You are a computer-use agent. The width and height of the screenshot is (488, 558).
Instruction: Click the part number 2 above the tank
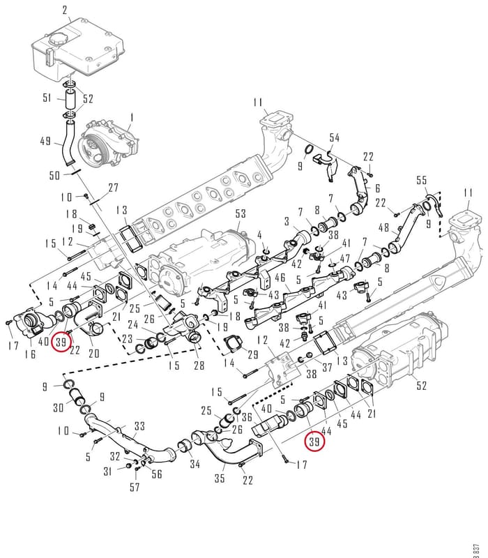[x=64, y=10]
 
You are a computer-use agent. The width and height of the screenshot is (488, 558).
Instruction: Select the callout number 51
[x=47, y=98]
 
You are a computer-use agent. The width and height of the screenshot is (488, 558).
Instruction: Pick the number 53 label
[x=241, y=213]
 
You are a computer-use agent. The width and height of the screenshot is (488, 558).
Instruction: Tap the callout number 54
[x=335, y=137]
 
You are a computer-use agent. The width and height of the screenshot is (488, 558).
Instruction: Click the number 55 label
[x=422, y=180]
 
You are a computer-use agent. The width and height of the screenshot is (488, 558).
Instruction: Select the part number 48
[x=383, y=227]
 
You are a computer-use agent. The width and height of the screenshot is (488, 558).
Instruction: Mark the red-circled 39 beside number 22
[x=61, y=342]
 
